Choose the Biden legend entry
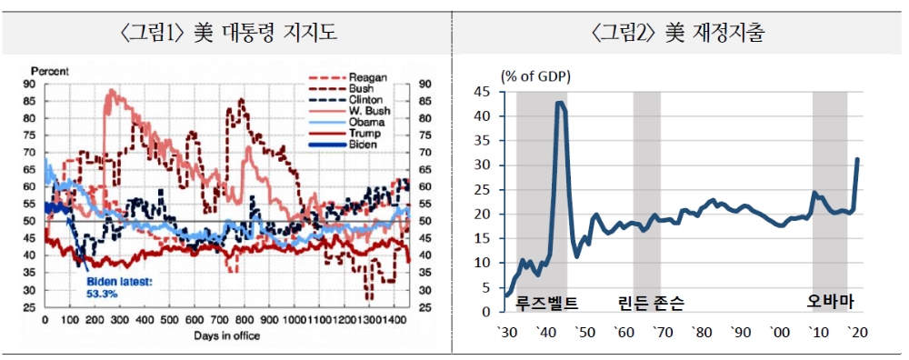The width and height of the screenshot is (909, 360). click(x=363, y=144)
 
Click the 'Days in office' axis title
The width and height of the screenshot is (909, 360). click(x=227, y=335)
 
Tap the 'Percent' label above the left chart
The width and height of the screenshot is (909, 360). click(x=49, y=69)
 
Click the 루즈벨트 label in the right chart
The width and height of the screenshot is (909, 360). click(x=546, y=302)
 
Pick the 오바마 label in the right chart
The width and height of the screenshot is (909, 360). click(x=831, y=302)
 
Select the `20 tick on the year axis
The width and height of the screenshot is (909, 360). click(x=855, y=333)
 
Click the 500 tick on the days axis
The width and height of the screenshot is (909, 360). click(x=170, y=322)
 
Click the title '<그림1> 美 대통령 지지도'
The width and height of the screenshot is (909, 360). click(x=227, y=35)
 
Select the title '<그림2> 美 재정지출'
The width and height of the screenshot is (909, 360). click(x=678, y=35)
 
